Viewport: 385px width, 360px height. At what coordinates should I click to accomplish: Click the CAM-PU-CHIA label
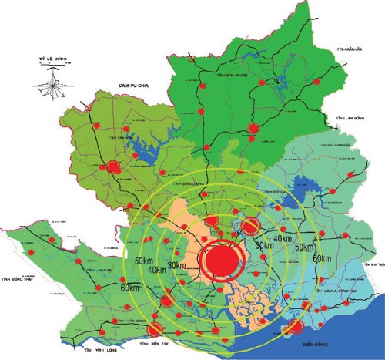click(132, 80)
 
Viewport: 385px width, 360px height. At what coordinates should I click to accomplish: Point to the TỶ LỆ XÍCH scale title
click(48, 58)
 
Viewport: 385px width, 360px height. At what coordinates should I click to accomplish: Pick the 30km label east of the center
click(264, 245)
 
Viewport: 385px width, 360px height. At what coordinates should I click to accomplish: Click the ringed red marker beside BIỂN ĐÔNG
click(292, 329)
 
